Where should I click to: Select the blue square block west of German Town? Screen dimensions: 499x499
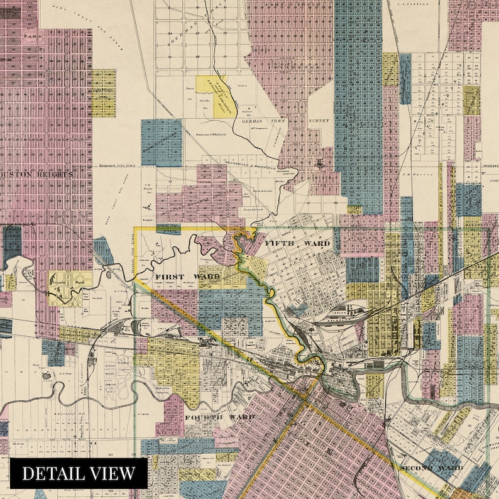pyautogui.click(x=162, y=142)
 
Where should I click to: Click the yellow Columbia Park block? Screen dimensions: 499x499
pyautogui.click(x=70, y=288)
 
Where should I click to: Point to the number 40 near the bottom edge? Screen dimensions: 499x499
pyautogui.click(x=109, y=452)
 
